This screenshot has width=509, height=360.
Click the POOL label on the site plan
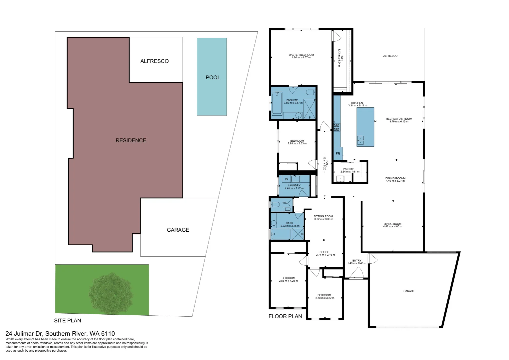213,77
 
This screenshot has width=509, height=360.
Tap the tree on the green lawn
111,293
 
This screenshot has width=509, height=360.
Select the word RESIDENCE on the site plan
131,140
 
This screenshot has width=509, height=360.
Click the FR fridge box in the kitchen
338,153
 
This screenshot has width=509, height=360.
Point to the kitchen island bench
365,127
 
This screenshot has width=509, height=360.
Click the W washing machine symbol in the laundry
286,179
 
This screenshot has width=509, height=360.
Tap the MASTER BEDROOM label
301,55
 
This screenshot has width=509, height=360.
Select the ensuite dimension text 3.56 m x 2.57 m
293,103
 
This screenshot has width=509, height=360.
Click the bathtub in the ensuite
277,103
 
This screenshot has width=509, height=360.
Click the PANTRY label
348,169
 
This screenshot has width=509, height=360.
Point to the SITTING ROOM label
323,216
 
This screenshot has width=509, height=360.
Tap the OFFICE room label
324,252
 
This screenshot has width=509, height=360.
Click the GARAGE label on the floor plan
409,291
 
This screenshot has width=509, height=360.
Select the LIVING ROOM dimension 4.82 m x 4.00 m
392,227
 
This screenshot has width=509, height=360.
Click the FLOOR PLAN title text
285,316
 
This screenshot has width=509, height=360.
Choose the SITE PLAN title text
68,320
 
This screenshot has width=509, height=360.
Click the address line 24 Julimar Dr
60,333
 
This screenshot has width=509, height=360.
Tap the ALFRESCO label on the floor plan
390,56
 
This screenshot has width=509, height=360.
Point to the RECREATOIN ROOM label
399,119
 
